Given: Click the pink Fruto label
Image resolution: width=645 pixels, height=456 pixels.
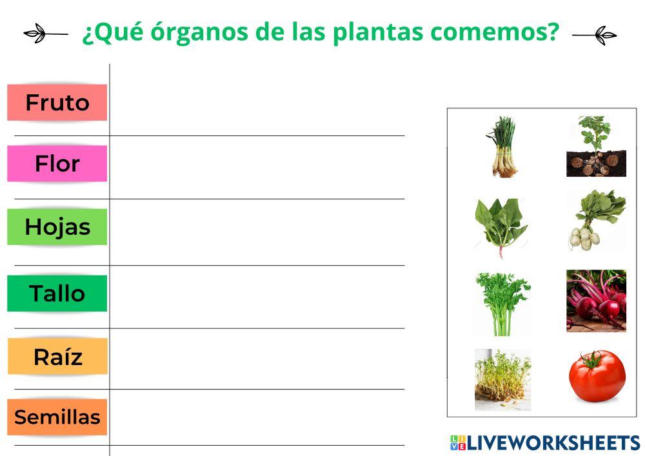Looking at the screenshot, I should pos(57,103).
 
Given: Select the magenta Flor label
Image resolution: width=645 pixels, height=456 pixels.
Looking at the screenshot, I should pos(57,164).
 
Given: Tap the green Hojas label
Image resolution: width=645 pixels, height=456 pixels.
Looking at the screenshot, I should pos(57,227).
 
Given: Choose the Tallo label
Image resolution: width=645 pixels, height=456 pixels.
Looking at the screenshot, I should pos(57,293).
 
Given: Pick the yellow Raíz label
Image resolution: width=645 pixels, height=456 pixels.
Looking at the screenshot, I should pos(57,356).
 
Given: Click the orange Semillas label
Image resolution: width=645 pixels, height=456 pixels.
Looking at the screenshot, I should pos(57,417).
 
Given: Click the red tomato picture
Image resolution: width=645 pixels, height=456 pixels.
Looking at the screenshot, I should pos(597,376).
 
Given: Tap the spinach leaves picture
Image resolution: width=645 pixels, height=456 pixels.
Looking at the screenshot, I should pos(501,226).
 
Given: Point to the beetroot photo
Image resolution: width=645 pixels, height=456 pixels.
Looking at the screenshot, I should pos(596,301).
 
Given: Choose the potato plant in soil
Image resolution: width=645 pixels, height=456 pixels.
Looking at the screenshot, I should pos(596,146).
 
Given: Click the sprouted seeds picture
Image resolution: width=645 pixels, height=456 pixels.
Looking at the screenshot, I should pos(502,379).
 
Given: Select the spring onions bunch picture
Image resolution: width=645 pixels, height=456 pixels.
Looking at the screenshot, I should pos(502,146).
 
